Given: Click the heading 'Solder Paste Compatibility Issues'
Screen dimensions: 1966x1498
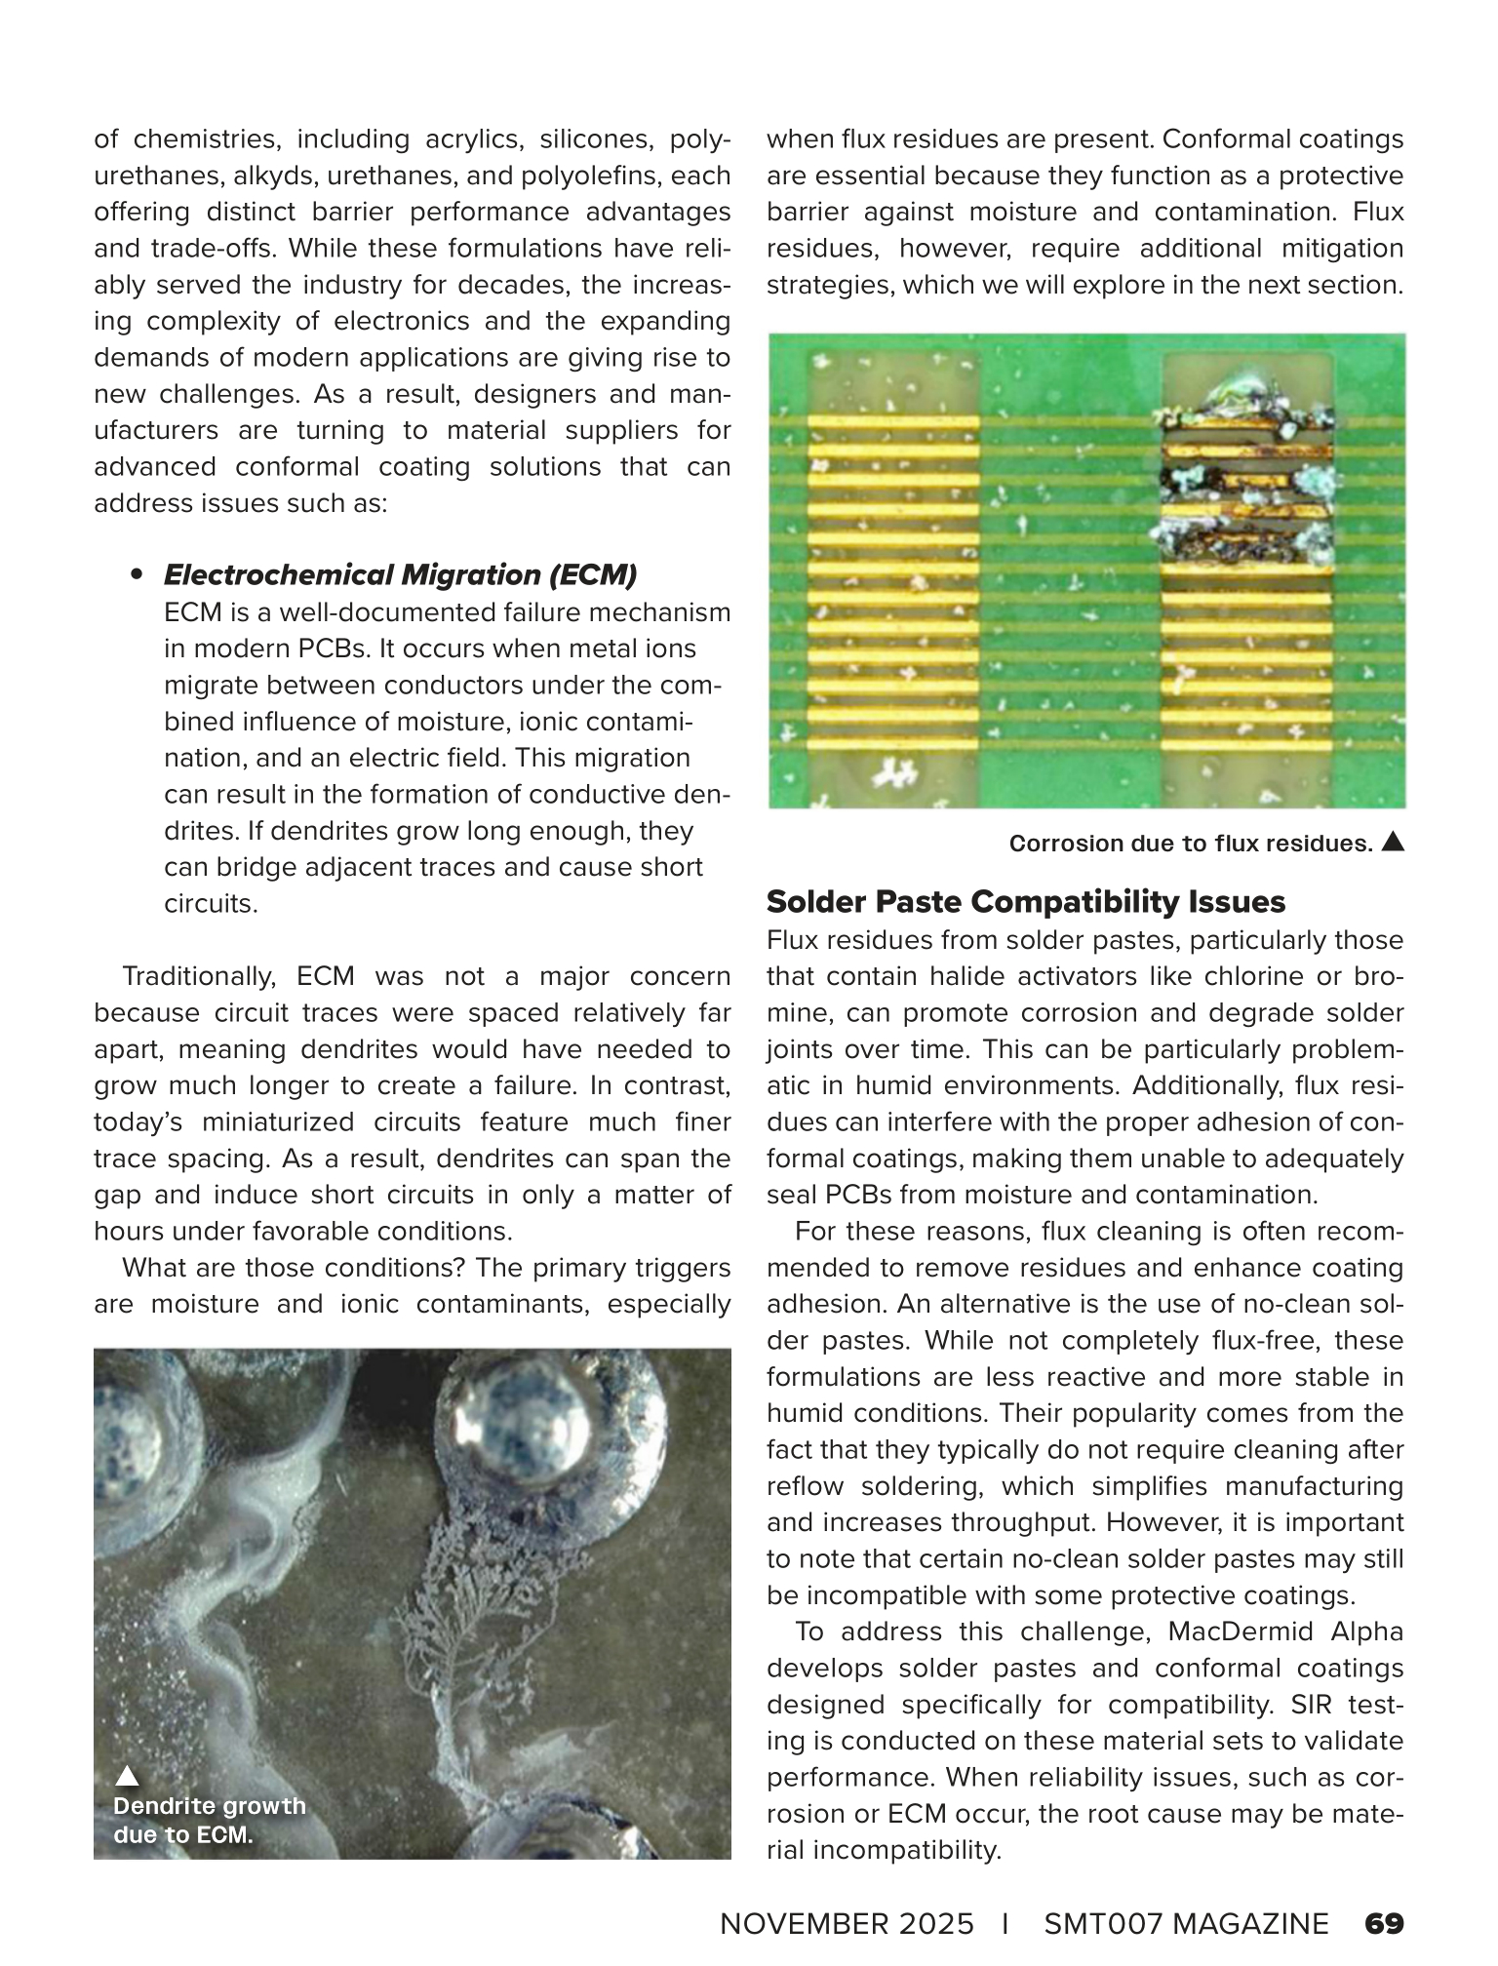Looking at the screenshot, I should point(1026,902).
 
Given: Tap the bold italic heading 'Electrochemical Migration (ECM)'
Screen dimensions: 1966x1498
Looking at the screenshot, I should point(400,575).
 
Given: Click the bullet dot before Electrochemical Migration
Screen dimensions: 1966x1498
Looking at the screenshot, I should point(137,574).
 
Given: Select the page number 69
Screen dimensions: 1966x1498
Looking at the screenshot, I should point(1384,1924).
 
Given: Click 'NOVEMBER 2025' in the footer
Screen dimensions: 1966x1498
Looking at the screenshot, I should point(847,1924).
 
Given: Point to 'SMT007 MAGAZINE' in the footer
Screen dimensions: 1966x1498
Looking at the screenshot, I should point(1186,1924).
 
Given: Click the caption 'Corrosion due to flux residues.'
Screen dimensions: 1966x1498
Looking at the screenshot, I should point(1191,844).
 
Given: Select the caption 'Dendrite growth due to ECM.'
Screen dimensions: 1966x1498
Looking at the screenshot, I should point(209,1820).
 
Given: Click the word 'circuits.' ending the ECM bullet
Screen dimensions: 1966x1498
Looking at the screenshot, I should point(211,903).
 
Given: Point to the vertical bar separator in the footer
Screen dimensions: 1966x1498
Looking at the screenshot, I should point(1005,1924).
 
